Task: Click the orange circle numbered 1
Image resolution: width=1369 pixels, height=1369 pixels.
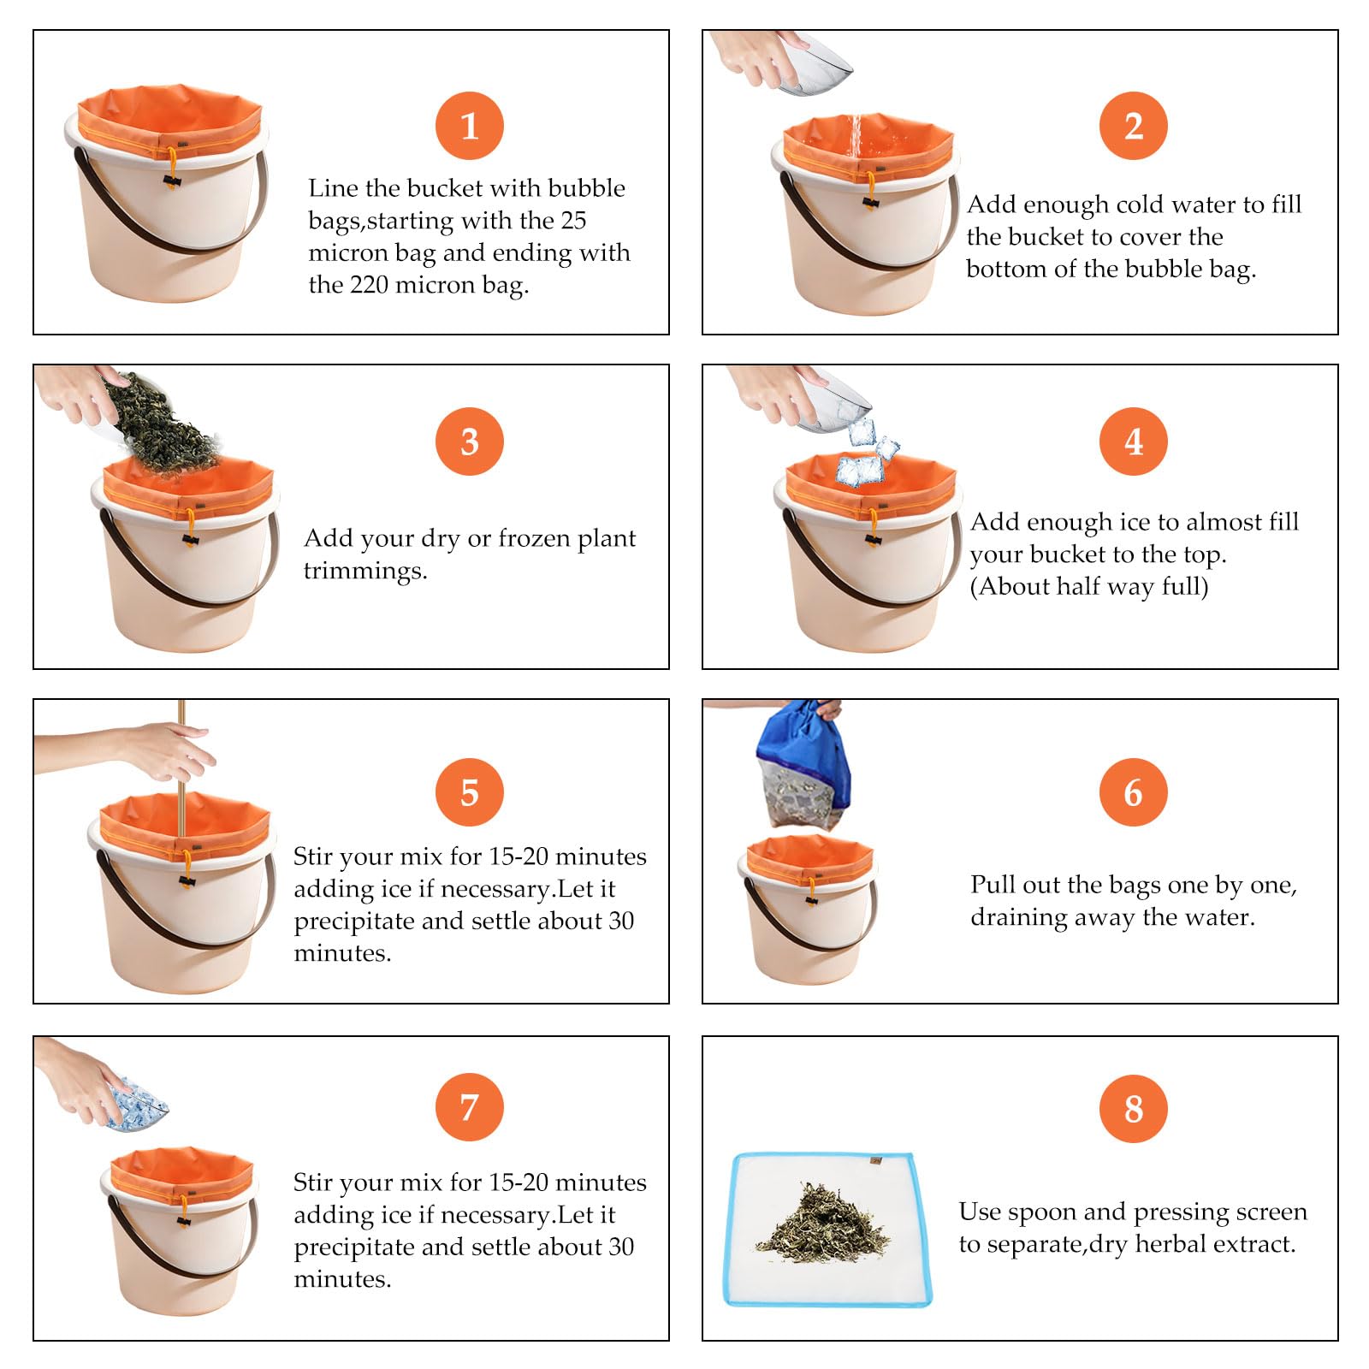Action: click(469, 126)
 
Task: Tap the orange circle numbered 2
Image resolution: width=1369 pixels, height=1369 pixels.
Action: click(1133, 126)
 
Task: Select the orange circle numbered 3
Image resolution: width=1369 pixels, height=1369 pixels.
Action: click(469, 442)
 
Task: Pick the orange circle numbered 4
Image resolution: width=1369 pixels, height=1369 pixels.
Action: click(1133, 442)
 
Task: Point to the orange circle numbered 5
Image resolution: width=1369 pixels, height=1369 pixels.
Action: click(469, 792)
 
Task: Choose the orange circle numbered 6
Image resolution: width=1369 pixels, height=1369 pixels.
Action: click(1133, 792)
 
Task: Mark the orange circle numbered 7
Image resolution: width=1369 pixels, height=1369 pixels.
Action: click(469, 1107)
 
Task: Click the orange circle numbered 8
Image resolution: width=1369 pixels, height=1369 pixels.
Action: click(1133, 1109)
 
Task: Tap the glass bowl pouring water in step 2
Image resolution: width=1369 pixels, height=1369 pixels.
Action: click(813, 65)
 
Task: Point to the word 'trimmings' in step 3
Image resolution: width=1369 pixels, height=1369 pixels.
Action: click(365, 571)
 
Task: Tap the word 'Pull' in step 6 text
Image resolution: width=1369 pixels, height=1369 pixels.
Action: click(990, 885)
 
